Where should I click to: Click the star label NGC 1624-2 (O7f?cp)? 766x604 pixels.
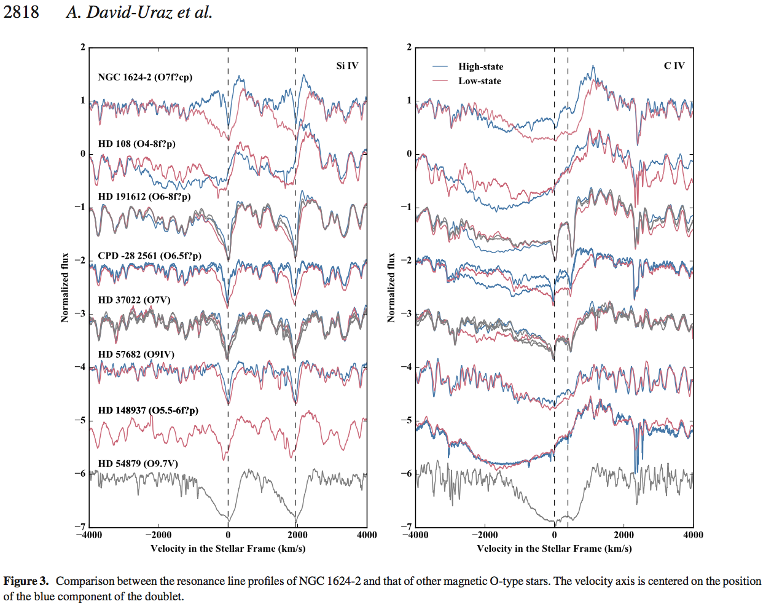point(145,77)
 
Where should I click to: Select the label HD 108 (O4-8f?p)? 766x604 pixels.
point(136,144)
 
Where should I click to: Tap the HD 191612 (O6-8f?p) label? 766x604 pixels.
point(144,197)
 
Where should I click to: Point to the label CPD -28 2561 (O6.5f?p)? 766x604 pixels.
point(149,256)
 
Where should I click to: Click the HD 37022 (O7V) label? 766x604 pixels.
point(134,300)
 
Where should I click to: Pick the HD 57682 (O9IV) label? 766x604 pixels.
point(136,354)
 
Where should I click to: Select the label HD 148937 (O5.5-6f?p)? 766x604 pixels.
point(148,410)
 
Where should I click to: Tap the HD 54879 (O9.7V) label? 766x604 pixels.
point(138,463)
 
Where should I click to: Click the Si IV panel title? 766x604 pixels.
point(347,66)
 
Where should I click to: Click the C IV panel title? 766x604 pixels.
point(674,66)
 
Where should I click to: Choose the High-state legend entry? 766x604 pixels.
point(480,66)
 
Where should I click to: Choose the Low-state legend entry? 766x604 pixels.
point(479,81)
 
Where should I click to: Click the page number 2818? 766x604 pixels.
point(21,12)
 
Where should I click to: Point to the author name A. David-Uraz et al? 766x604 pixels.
point(139,12)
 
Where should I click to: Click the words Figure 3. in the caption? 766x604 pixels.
point(26,581)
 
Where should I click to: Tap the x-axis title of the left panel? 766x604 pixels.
point(228,549)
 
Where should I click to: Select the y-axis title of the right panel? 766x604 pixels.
point(391,288)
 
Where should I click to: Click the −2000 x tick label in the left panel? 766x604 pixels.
point(158,535)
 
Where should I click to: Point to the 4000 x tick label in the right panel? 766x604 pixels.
point(693,535)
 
